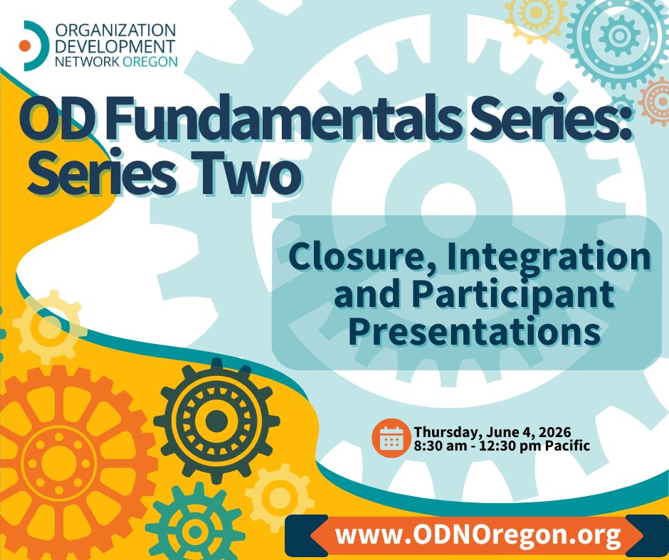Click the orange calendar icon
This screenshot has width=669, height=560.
click(391, 438)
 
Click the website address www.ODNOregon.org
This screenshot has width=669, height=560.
click(478, 535)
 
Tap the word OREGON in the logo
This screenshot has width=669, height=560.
click(149, 61)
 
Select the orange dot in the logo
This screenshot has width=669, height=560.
click(25, 45)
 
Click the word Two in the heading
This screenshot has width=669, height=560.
click(250, 175)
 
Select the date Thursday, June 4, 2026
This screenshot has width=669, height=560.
click(492, 431)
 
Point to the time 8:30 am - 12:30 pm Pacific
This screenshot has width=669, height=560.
click(502, 446)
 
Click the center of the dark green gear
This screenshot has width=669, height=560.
click(216, 421)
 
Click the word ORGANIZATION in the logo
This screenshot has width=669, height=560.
click(115, 31)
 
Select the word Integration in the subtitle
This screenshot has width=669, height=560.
click(549, 258)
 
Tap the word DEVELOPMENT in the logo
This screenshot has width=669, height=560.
click(115, 46)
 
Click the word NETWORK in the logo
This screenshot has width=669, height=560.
click(87, 61)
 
